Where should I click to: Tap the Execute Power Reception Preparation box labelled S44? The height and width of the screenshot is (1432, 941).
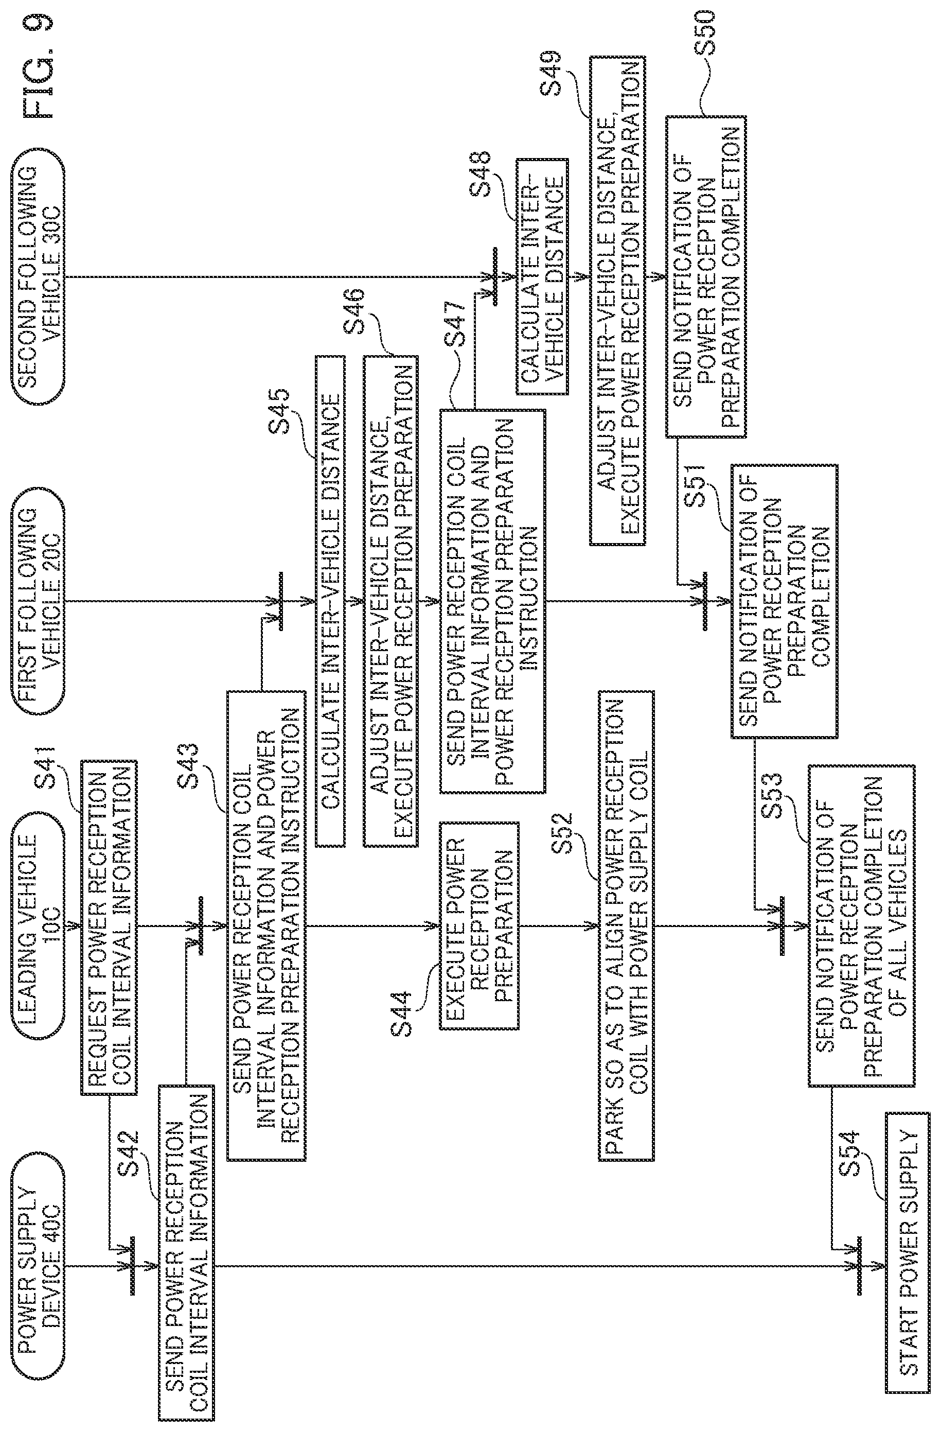478,927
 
